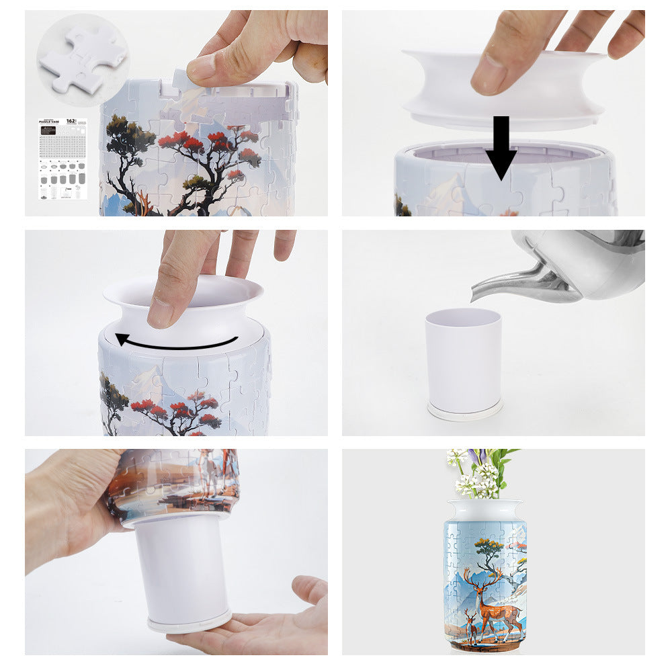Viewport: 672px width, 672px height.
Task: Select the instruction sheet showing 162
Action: [63, 159]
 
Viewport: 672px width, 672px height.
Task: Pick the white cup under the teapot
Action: [463, 360]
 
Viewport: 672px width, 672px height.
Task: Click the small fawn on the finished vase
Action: [473, 629]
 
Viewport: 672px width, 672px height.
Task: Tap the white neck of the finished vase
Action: [485, 509]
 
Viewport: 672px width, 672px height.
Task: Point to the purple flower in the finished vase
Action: [477, 458]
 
